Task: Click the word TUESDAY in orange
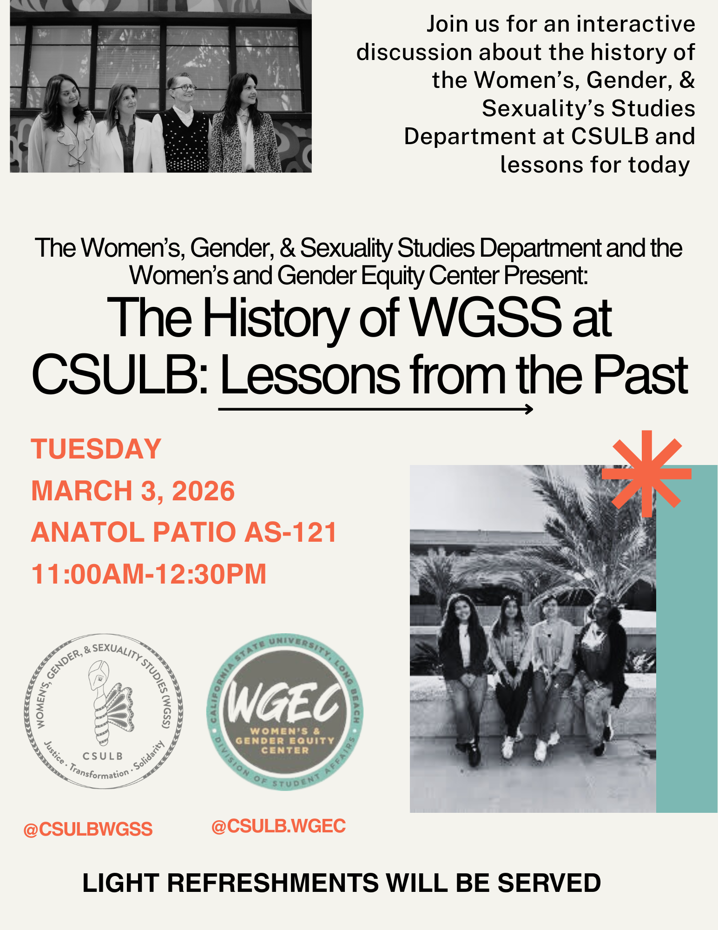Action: click(x=96, y=449)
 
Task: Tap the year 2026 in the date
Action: click(x=203, y=492)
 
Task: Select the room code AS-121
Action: click(x=290, y=532)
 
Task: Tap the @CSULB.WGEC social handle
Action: click(x=278, y=826)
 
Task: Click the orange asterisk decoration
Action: click(x=646, y=474)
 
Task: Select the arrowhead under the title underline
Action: click(x=529, y=409)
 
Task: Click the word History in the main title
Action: click(x=275, y=319)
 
